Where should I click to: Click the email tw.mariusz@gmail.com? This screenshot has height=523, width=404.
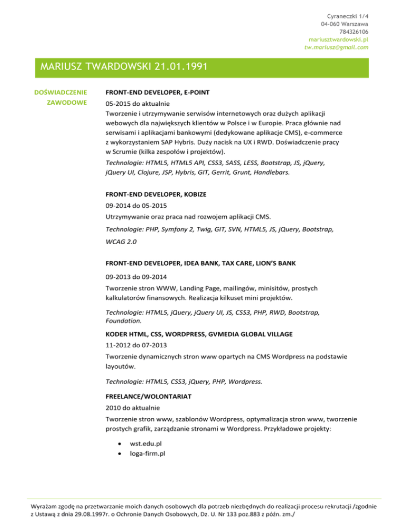337,47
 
